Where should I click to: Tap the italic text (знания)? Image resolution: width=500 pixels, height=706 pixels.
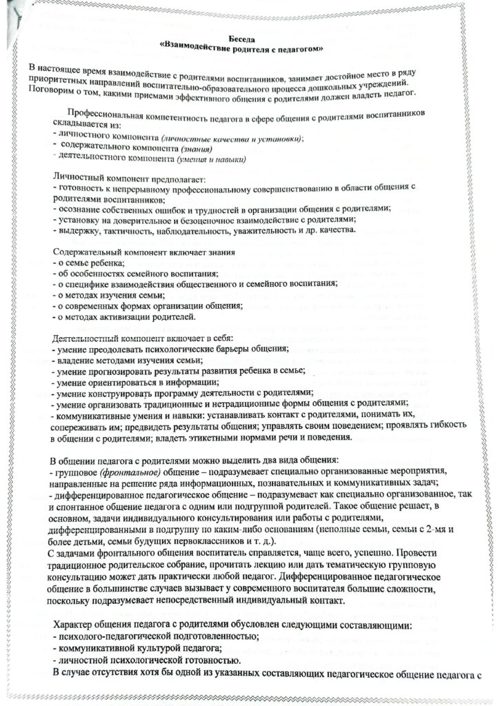point(195,149)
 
